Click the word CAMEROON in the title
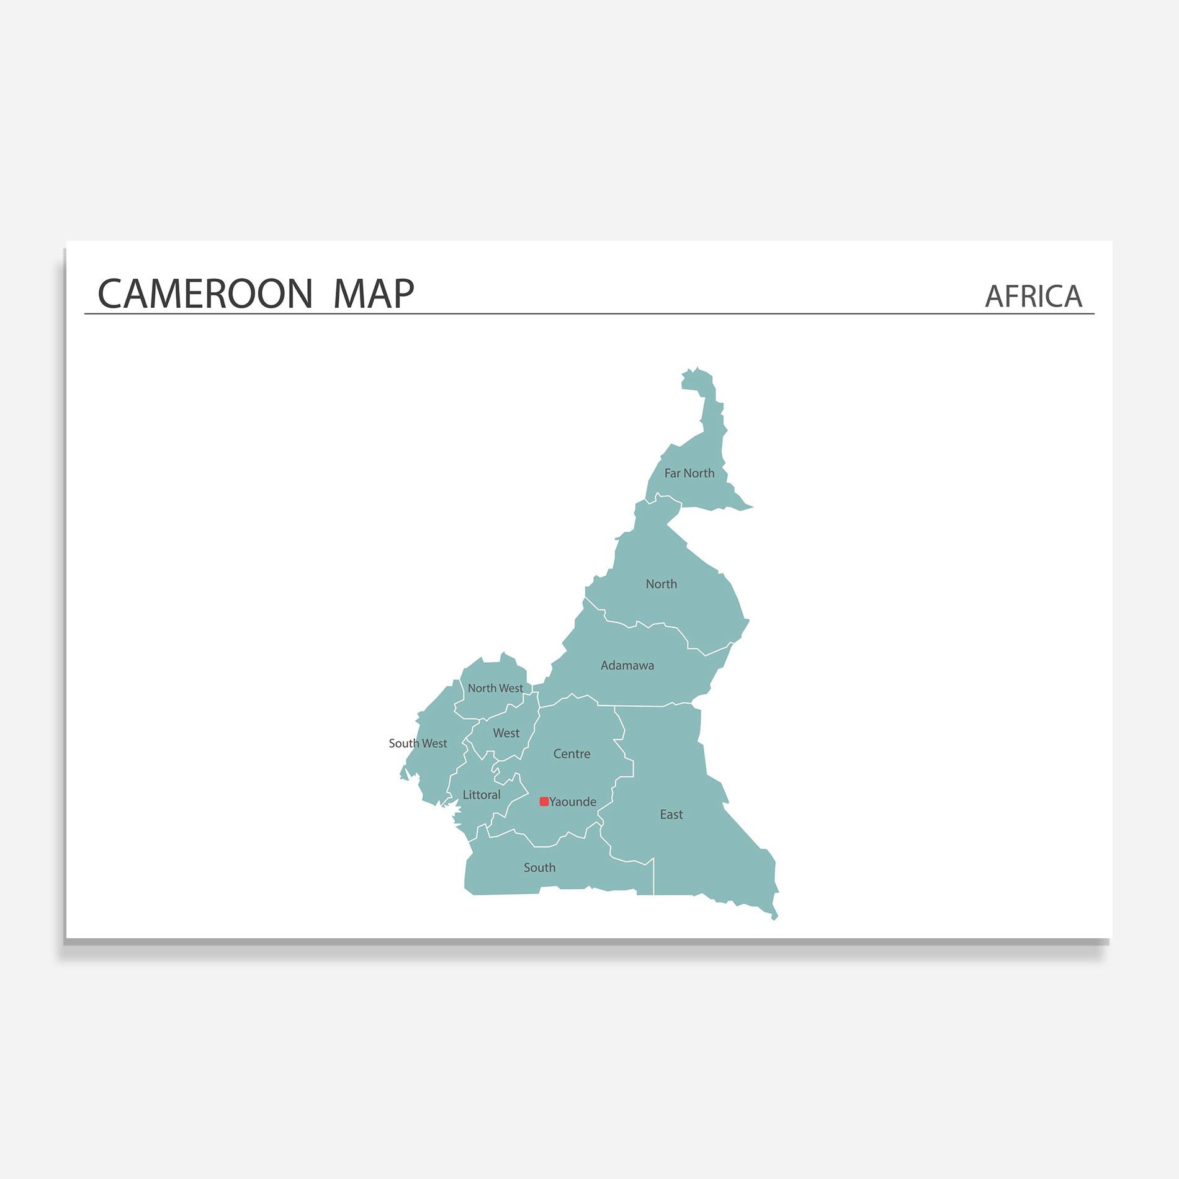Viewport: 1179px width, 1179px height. (205, 294)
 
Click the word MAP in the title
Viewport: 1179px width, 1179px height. (373, 294)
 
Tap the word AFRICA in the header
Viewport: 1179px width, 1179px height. (1033, 297)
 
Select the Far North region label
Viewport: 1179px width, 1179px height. (689, 473)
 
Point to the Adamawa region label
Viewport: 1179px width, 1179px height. (627, 666)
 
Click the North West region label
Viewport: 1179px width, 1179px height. (495, 688)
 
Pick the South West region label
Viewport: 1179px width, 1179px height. (418, 743)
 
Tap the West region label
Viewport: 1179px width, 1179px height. (506, 733)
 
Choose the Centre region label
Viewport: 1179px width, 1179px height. (572, 754)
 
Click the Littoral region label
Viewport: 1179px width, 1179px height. (481, 795)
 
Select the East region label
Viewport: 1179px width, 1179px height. (671, 815)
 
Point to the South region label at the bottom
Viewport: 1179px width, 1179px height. (539, 868)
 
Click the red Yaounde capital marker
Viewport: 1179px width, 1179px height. (544, 802)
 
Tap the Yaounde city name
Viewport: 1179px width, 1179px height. (573, 802)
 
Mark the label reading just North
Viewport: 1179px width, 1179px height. (661, 585)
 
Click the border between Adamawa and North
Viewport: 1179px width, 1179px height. (652, 624)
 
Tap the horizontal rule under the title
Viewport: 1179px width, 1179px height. (589, 314)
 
